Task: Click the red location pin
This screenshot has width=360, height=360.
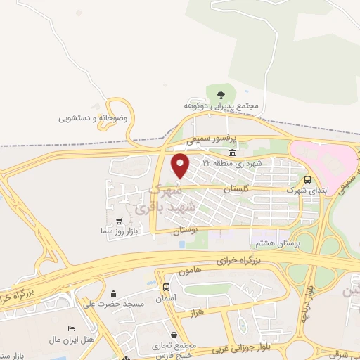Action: tap(181, 166)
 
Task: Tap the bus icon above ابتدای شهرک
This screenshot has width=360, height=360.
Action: tap(308, 179)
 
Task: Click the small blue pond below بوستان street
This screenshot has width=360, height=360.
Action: tap(182, 244)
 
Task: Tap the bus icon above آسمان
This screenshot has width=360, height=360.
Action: tap(166, 288)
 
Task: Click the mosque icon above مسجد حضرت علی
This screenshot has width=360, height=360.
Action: tap(114, 293)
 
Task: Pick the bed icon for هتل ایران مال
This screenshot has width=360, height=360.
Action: tap(70, 329)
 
